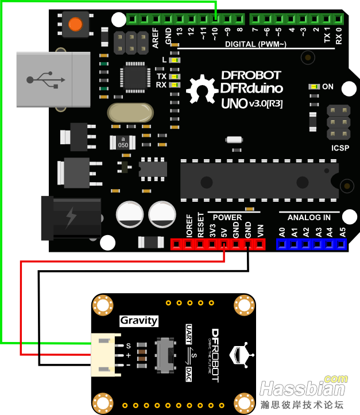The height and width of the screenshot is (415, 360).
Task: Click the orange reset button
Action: click(x=75, y=24)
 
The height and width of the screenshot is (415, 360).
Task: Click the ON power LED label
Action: click(x=328, y=87)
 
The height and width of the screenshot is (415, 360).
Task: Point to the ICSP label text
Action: click(x=340, y=147)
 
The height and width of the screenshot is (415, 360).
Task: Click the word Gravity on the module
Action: click(x=138, y=320)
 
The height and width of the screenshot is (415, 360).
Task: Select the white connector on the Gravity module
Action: click(x=106, y=355)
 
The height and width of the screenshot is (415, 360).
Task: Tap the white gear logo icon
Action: click(x=200, y=89)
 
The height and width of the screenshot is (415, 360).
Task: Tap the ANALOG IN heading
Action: click(x=309, y=217)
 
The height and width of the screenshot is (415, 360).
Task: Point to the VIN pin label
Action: click(x=261, y=232)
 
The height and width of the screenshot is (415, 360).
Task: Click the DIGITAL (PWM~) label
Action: click(x=256, y=44)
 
